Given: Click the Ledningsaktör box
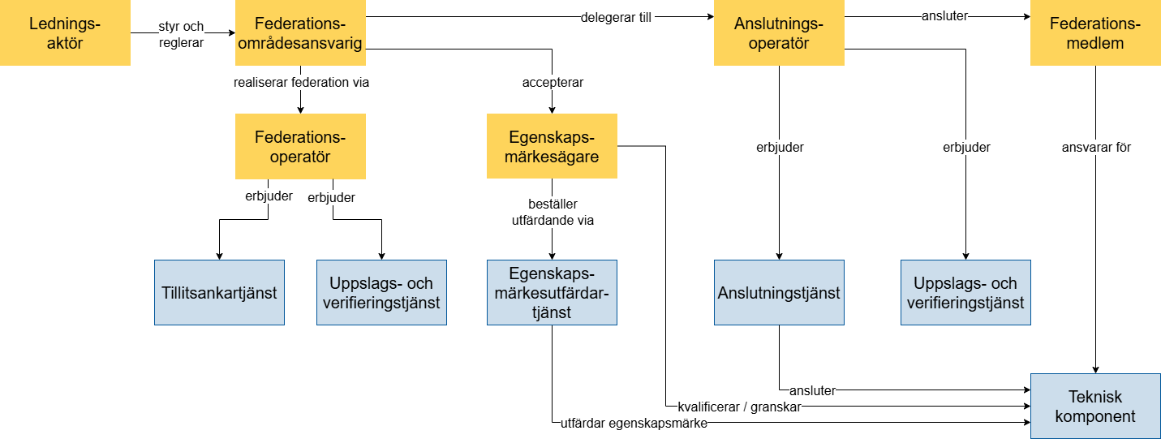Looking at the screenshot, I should tap(65, 32).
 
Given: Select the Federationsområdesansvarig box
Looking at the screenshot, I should tap(300, 32).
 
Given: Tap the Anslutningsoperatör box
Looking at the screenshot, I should tap(779, 32).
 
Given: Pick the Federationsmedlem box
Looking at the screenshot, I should tap(1095, 32).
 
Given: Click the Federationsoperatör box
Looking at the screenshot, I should tap(300, 146).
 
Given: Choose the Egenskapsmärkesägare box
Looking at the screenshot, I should tap(552, 146).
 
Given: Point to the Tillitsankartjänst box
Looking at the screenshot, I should tap(219, 292).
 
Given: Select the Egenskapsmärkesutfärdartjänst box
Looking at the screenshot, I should tap(552, 292).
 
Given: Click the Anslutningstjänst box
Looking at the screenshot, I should tap(779, 292).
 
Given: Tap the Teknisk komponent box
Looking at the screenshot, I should tap(1095, 406).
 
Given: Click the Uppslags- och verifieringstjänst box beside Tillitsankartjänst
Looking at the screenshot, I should tap(381, 292).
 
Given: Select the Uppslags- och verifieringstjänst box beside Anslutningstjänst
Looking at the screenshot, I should tap(965, 292).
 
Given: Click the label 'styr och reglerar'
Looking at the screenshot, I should tap(181, 34).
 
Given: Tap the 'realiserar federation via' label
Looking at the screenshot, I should tap(301, 82).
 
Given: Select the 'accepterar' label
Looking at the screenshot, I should tap(553, 82).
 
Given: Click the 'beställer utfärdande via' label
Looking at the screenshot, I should tap(553, 212).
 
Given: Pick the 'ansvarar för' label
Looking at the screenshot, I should tap(1096, 148).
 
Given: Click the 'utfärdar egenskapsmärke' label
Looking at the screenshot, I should tap(634, 423).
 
